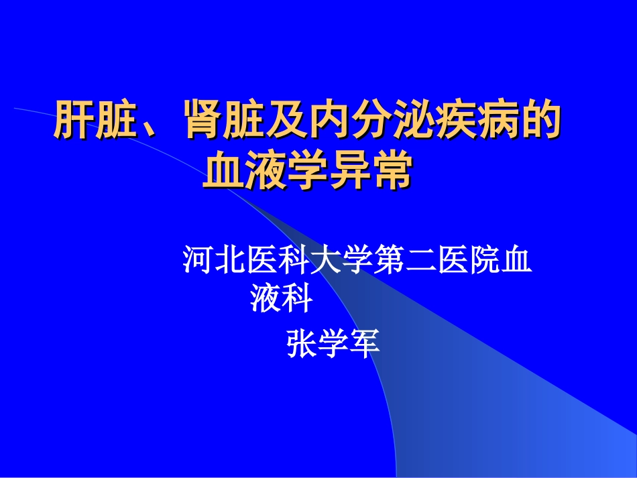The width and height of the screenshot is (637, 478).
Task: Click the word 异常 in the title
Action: point(370,172)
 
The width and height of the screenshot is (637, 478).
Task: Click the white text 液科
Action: point(282,299)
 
